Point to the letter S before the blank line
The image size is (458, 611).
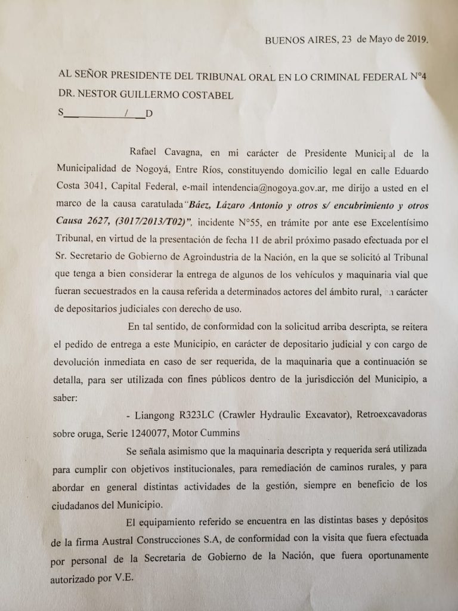pos(60,113)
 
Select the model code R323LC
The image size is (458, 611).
pos(209,414)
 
